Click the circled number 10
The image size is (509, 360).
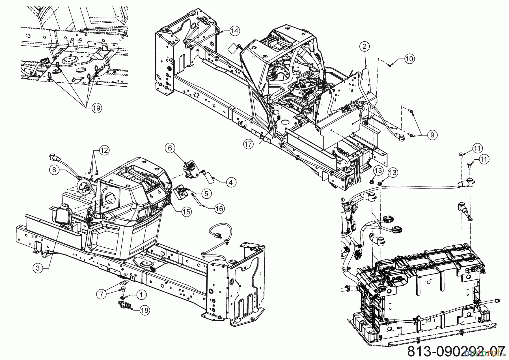(409, 59)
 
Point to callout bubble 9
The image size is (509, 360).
(432, 135)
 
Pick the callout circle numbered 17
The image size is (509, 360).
(248, 144)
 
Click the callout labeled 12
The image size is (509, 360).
(104, 150)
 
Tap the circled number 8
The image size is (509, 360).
(54, 170)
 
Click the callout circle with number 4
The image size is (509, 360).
(231, 183)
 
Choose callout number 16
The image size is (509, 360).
(219, 209)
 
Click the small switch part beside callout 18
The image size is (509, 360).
(124, 305)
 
